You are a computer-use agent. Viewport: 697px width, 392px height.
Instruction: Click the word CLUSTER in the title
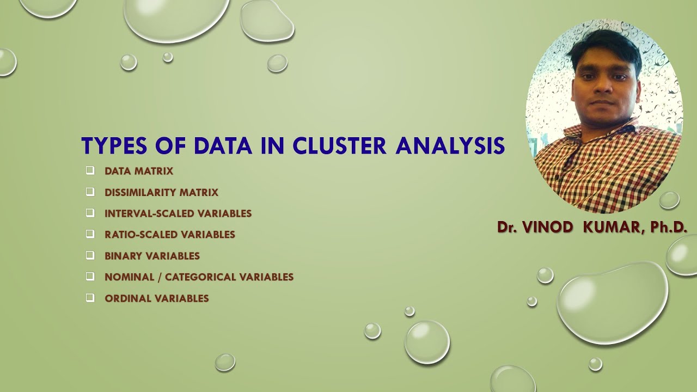pyautogui.click(x=339, y=146)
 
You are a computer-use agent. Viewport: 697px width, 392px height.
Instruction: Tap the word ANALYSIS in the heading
pyautogui.click(x=450, y=146)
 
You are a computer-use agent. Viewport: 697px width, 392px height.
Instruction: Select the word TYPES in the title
pyautogui.click(x=114, y=146)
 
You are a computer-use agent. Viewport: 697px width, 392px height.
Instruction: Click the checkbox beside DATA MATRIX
pyautogui.click(x=90, y=171)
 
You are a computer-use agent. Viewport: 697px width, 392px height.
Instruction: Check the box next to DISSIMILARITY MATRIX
pyautogui.click(x=90, y=192)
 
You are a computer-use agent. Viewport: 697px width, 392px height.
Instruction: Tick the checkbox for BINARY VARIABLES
pyautogui.click(x=90, y=255)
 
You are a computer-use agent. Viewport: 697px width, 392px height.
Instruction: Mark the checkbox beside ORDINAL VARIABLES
pyautogui.click(x=90, y=298)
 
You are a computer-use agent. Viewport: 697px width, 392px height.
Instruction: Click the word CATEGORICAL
pyautogui.click(x=199, y=277)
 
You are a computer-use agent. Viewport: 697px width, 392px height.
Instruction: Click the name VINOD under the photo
pyautogui.click(x=548, y=228)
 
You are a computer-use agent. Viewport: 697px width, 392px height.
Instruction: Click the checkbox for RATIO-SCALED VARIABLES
pyautogui.click(x=90, y=234)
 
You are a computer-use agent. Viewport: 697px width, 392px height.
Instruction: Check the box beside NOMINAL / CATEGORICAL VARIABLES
pyautogui.click(x=90, y=277)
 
